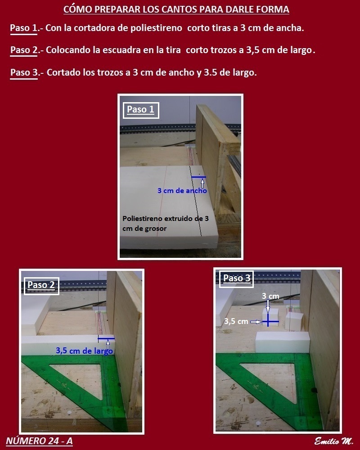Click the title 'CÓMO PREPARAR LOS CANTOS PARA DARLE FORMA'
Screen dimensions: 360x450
click(176, 9)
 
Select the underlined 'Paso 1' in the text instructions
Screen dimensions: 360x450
click(24, 28)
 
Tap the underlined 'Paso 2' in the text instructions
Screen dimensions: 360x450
click(24, 50)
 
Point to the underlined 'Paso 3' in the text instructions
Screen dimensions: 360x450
click(24, 72)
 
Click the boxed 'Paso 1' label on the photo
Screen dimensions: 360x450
click(141, 110)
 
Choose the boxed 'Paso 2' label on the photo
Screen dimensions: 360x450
click(41, 285)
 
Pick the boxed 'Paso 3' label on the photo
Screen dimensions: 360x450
click(237, 278)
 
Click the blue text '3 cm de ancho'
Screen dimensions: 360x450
click(182, 190)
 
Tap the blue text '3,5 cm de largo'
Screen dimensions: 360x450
click(84, 351)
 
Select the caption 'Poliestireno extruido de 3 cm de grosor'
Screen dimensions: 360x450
click(165, 224)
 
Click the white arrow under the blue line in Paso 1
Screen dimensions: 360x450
click(202, 183)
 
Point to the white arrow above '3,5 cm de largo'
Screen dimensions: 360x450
click(108, 344)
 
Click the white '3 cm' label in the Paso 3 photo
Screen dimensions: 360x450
click(270, 296)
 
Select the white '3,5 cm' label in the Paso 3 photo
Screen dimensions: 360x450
click(236, 321)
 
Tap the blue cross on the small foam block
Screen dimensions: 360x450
click(268, 321)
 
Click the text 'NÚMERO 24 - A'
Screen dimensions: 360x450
click(39, 441)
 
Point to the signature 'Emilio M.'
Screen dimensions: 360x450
click(333, 441)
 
